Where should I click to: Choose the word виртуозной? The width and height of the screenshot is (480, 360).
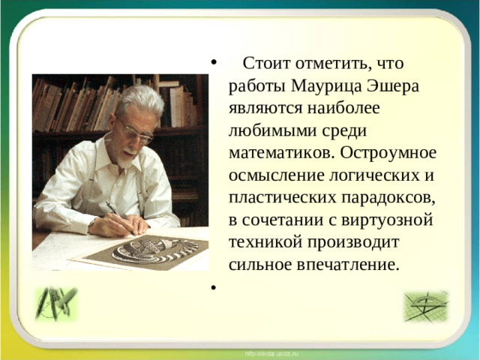click(396, 220)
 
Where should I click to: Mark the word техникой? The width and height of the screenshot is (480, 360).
click(263, 242)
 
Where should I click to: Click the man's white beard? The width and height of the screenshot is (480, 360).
click(128, 151)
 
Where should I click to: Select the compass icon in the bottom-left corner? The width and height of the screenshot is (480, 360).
click(56, 304)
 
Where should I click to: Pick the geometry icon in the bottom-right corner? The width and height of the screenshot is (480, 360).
click(425, 305)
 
